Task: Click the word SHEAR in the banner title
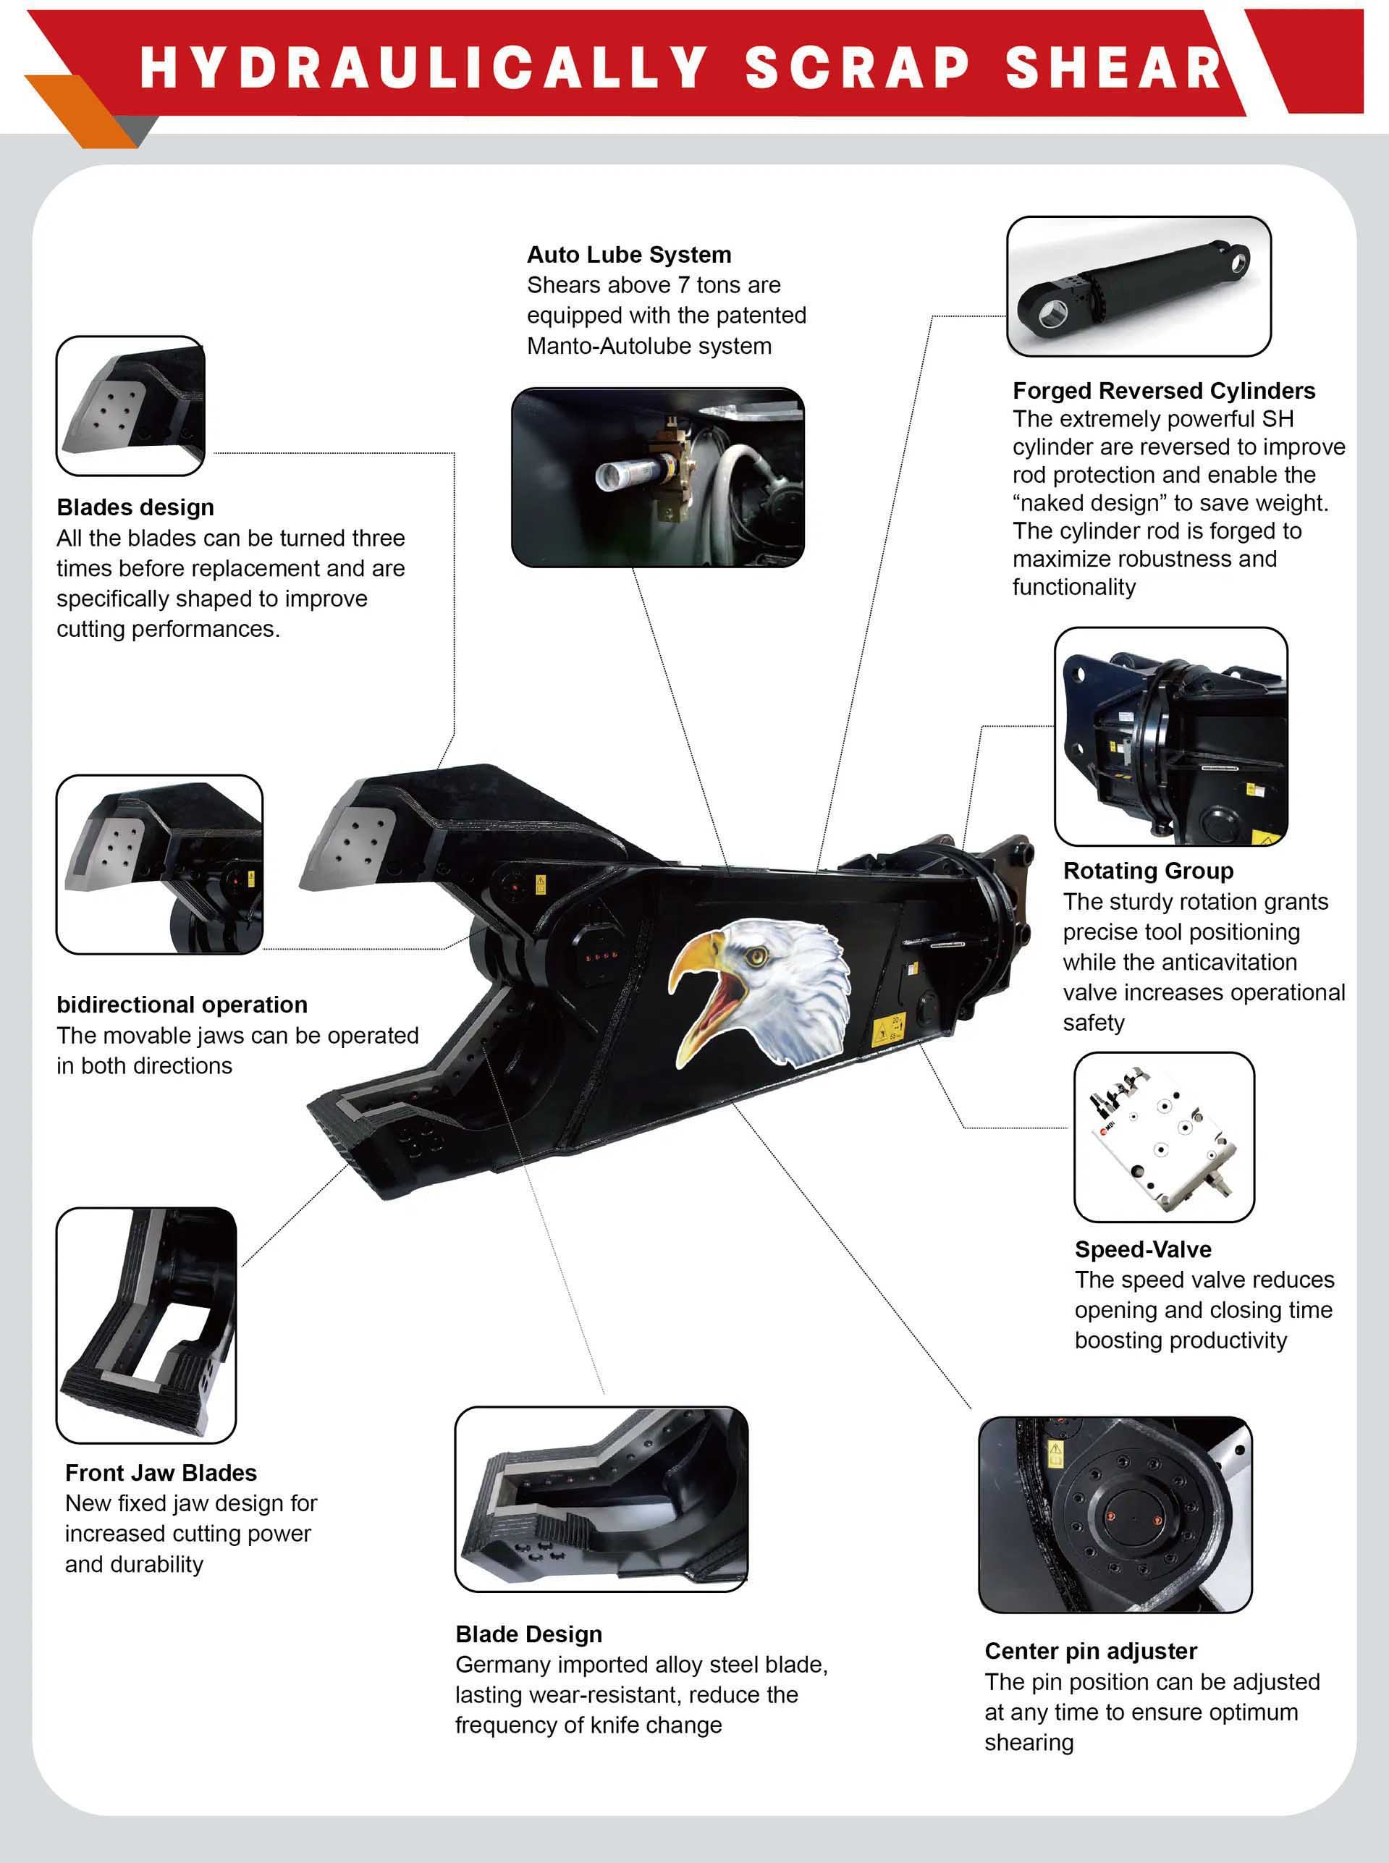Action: point(1113,67)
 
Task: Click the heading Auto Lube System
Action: point(629,255)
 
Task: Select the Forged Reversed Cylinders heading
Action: point(1164,391)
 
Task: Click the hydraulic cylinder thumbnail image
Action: point(1139,286)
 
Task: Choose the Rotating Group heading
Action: point(1148,871)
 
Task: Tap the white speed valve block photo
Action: point(1163,1136)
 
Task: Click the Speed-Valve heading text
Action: point(1143,1249)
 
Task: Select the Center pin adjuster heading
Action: point(1091,1651)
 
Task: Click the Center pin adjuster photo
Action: point(1115,1514)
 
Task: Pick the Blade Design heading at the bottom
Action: point(529,1634)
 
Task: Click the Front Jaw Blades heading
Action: point(161,1472)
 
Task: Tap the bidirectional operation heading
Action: point(182,1005)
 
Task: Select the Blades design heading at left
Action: point(135,508)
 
